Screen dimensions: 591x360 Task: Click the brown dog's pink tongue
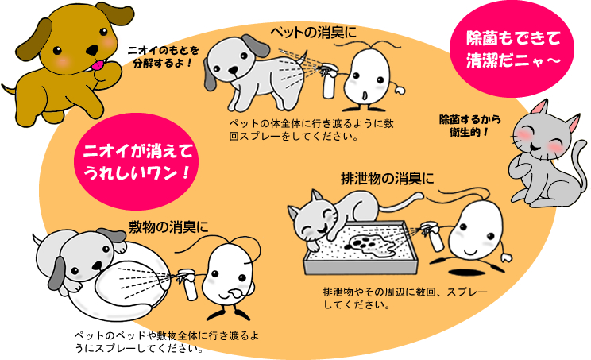pyautogui.click(x=97, y=66)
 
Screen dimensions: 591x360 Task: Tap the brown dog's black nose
pyautogui.click(x=92, y=49)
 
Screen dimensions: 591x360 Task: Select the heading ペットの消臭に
pyautogui.click(x=313, y=33)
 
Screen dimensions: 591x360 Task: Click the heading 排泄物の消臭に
pyautogui.click(x=387, y=178)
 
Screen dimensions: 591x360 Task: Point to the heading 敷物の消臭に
pyautogui.click(x=168, y=227)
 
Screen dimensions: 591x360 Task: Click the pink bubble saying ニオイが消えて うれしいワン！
pyautogui.click(x=137, y=161)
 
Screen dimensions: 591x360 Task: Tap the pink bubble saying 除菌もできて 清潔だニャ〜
pyautogui.click(x=512, y=49)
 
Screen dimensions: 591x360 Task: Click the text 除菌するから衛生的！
pyautogui.click(x=470, y=126)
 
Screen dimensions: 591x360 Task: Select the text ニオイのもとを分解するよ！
pyautogui.click(x=163, y=56)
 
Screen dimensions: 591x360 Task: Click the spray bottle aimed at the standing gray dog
pyautogui.click(x=328, y=81)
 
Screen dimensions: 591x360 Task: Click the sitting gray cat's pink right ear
pyautogui.click(x=574, y=123)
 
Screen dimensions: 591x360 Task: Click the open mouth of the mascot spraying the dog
pyautogui.click(x=364, y=95)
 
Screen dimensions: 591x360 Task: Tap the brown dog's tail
pyautogui.click(x=8, y=90)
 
